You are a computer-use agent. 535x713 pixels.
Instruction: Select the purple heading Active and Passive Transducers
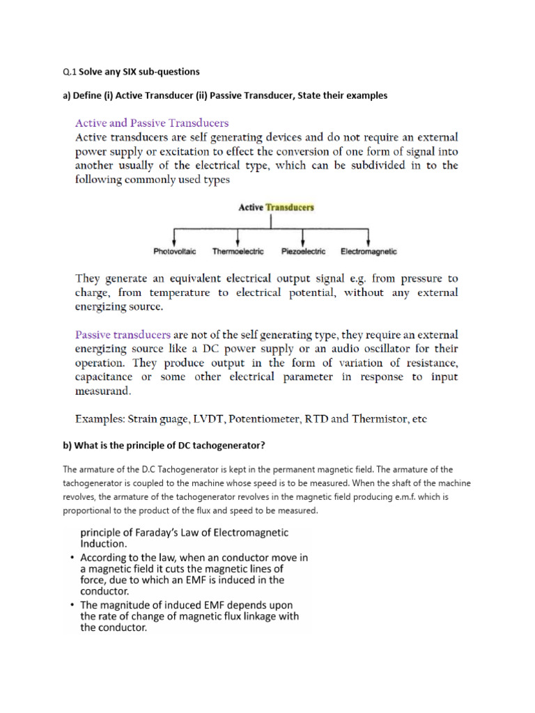151,123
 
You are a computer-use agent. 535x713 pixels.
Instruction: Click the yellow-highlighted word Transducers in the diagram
290,207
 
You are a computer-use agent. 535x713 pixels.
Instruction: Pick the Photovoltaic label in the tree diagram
175,251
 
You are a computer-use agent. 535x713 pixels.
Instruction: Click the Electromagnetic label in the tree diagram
369,251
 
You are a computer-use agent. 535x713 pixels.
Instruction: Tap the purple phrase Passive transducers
123,334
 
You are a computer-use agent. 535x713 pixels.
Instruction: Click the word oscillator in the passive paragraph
358,348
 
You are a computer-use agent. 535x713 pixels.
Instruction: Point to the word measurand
104,391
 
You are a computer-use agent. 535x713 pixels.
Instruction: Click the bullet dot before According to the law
72,558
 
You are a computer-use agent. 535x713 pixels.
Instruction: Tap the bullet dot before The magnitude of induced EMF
72,604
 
